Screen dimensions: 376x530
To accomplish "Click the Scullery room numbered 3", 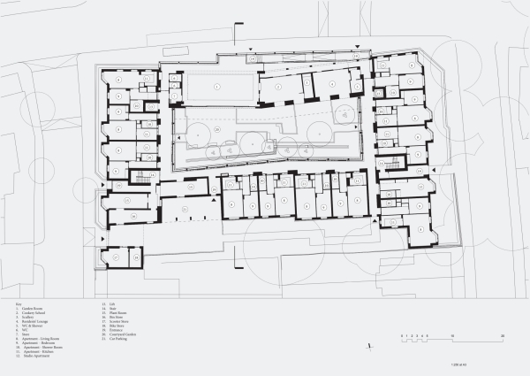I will pos(307,81).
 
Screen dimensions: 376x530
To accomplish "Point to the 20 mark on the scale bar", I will pos(503,337).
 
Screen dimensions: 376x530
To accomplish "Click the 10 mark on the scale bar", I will pos(452,337).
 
